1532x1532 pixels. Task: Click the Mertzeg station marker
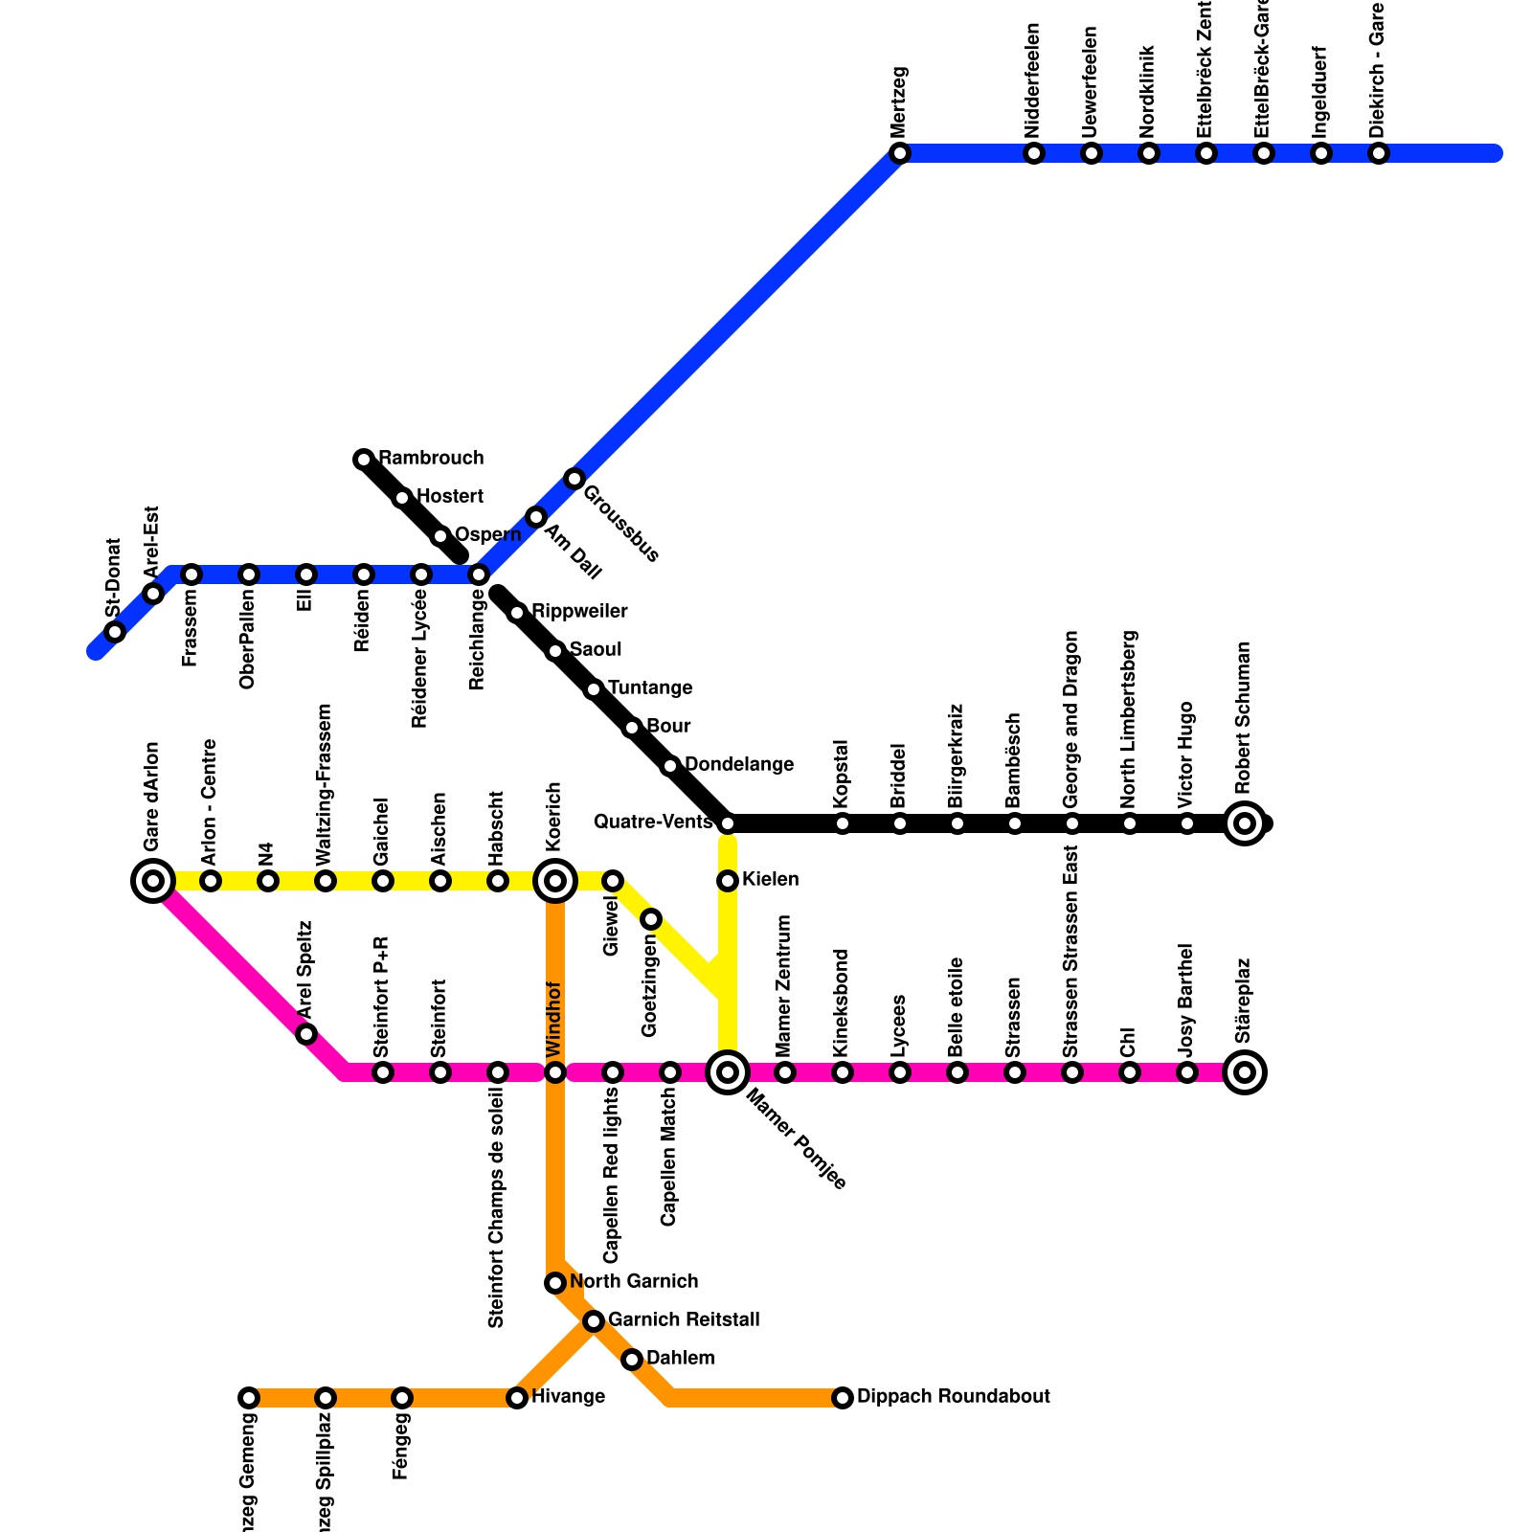point(899,153)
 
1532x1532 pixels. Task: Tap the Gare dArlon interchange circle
point(152,881)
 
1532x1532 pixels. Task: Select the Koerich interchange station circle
point(555,881)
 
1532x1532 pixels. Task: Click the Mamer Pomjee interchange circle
point(728,1072)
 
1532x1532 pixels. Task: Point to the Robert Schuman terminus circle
point(1245,822)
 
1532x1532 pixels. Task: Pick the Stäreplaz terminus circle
point(1245,1072)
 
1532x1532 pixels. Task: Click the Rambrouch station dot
point(364,460)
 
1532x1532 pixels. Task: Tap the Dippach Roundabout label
point(953,1397)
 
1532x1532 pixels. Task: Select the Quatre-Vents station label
point(653,822)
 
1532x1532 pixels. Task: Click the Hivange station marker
point(517,1398)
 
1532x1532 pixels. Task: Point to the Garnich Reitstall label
point(684,1320)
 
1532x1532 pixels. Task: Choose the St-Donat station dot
point(115,632)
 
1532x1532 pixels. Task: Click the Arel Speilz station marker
point(306,1034)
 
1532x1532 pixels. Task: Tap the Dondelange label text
point(739,765)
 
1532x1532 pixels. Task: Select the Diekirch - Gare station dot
point(1379,153)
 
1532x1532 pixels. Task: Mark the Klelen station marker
point(728,881)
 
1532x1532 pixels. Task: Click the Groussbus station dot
point(574,479)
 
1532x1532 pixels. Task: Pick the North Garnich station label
point(634,1282)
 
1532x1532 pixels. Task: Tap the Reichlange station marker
point(479,574)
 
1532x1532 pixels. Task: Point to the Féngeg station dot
point(402,1398)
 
